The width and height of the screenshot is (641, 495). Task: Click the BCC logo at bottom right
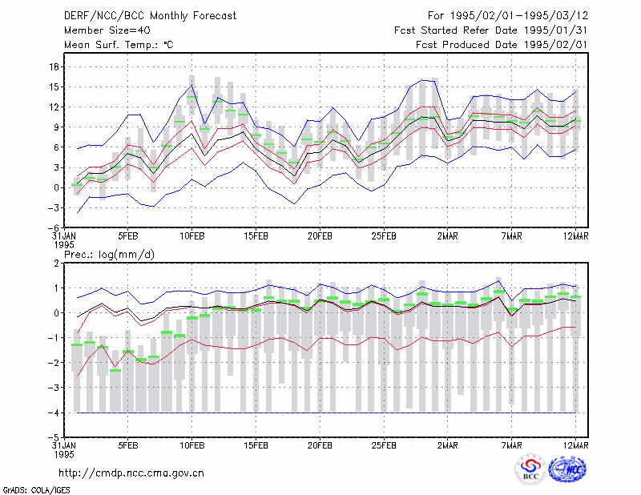(530, 471)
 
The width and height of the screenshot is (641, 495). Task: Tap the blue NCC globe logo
(567, 469)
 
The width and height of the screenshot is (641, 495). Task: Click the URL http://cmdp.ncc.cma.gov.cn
(131, 473)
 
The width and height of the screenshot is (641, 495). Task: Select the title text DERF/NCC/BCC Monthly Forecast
(150, 16)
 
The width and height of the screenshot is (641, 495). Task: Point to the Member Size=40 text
(107, 30)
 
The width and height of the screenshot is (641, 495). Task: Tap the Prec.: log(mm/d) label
(109, 255)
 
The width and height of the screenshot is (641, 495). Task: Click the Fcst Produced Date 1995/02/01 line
(502, 45)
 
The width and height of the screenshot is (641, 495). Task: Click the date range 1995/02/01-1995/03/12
(519, 16)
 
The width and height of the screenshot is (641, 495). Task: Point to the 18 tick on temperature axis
(54, 66)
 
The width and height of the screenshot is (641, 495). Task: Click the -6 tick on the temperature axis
(54, 227)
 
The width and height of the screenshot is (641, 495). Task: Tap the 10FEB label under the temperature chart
(191, 236)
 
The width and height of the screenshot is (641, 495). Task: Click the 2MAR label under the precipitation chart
(448, 445)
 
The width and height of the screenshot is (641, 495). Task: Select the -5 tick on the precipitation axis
(54, 437)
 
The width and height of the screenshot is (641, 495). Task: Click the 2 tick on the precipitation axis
(56, 264)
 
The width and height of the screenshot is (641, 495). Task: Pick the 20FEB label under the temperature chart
(320, 236)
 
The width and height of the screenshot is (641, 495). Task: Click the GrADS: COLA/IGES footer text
(36, 490)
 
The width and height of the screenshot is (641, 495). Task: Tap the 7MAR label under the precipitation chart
(511, 445)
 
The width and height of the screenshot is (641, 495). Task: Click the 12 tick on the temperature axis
(54, 107)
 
